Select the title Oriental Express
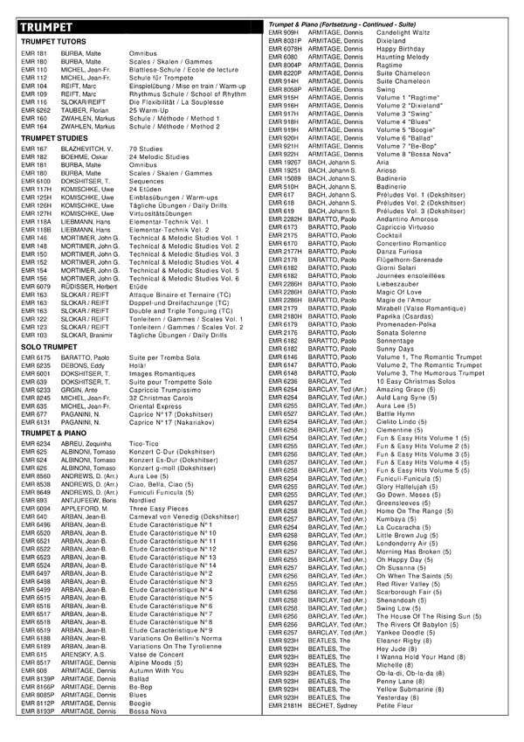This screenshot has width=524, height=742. point(155,406)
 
